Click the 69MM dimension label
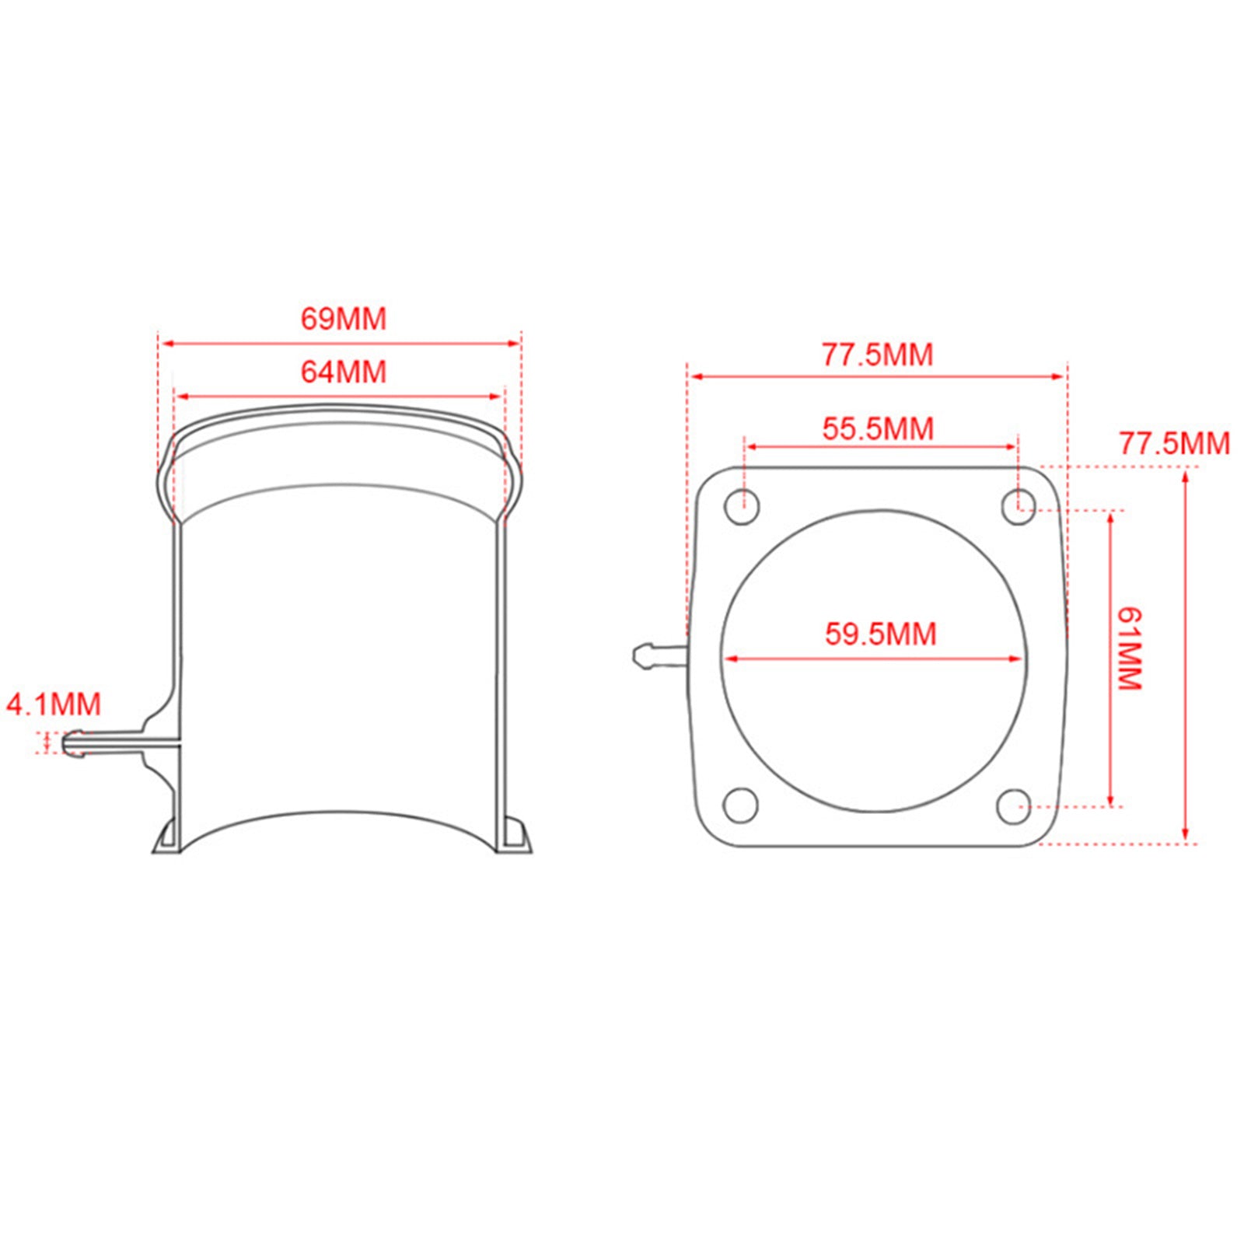tap(343, 320)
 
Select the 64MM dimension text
tap(343, 372)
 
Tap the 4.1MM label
tap(54, 704)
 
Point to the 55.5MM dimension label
tap(878, 428)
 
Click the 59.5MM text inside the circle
tap(880, 634)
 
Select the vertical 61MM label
tap(1129, 648)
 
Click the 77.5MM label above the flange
tap(877, 355)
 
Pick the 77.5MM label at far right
tap(1174, 443)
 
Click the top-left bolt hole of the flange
tap(742, 507)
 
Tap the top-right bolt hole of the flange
tap(1017, 507)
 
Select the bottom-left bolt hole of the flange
tap(741, 805)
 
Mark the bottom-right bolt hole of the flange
tap(1014, 806)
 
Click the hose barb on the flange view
tap(658, 655)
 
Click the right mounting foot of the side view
tap(514, 837)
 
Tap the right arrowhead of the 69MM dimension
tap(514, 343)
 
